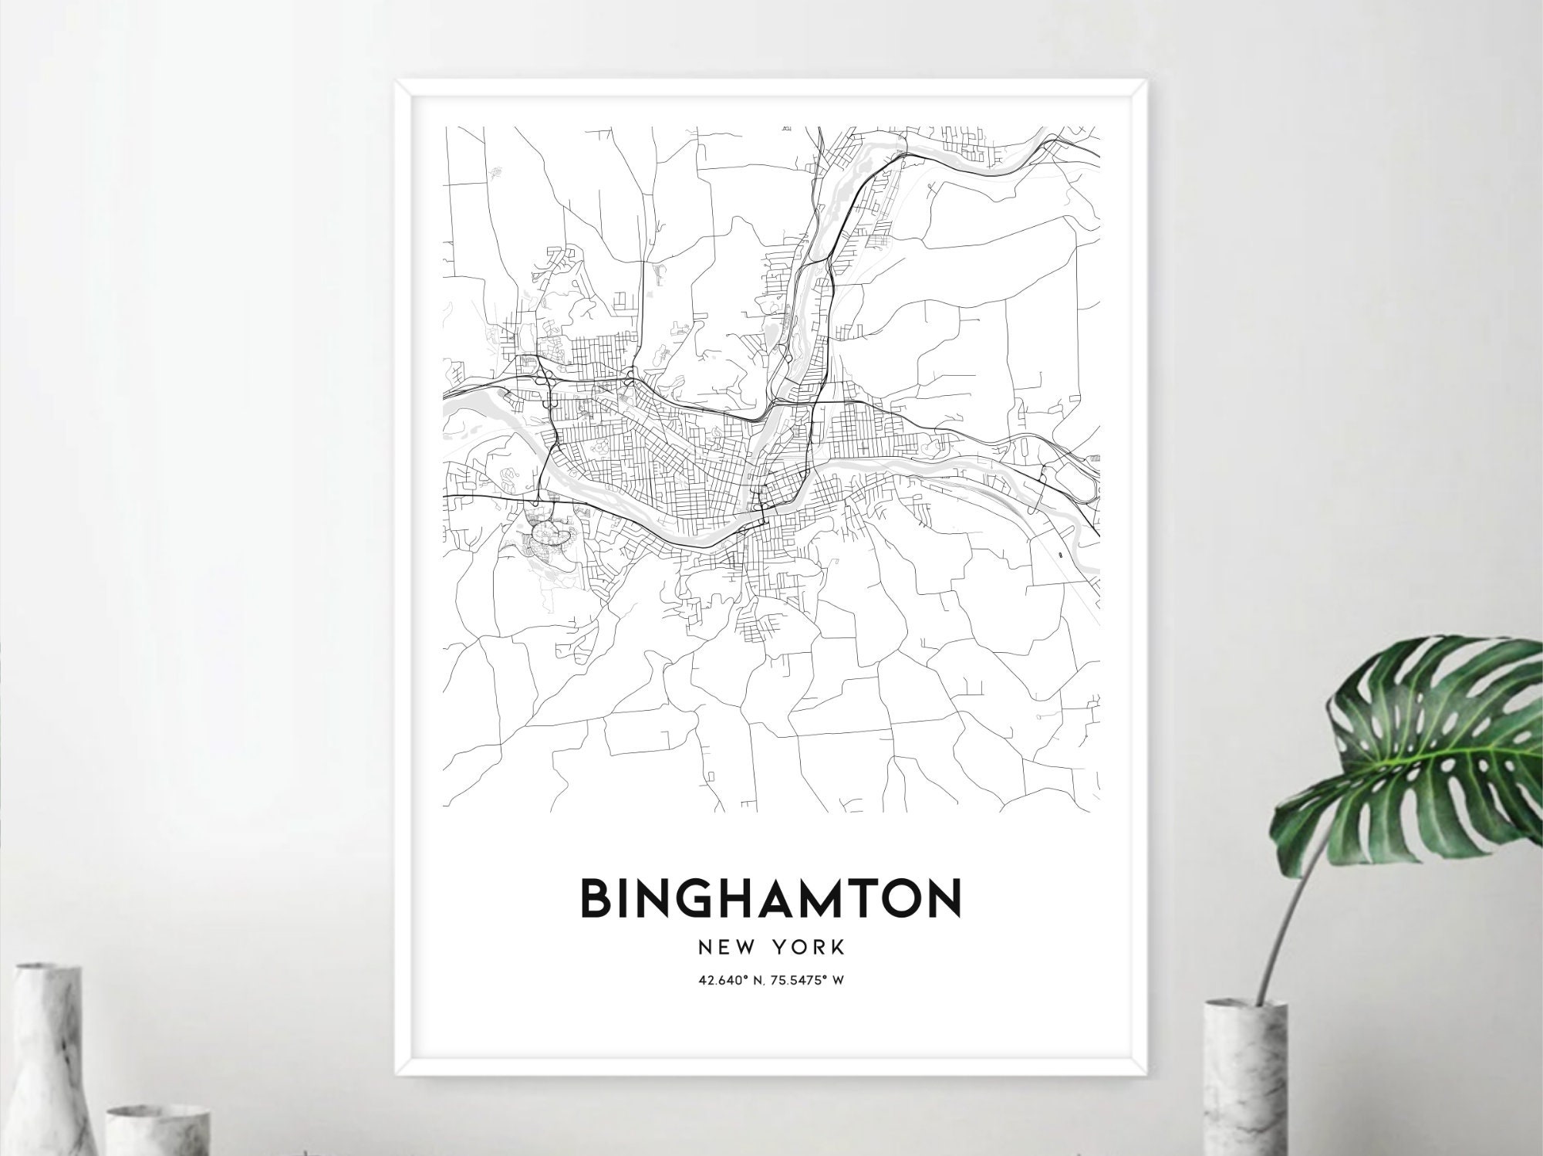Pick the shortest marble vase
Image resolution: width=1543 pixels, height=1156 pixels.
point(158,1131)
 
